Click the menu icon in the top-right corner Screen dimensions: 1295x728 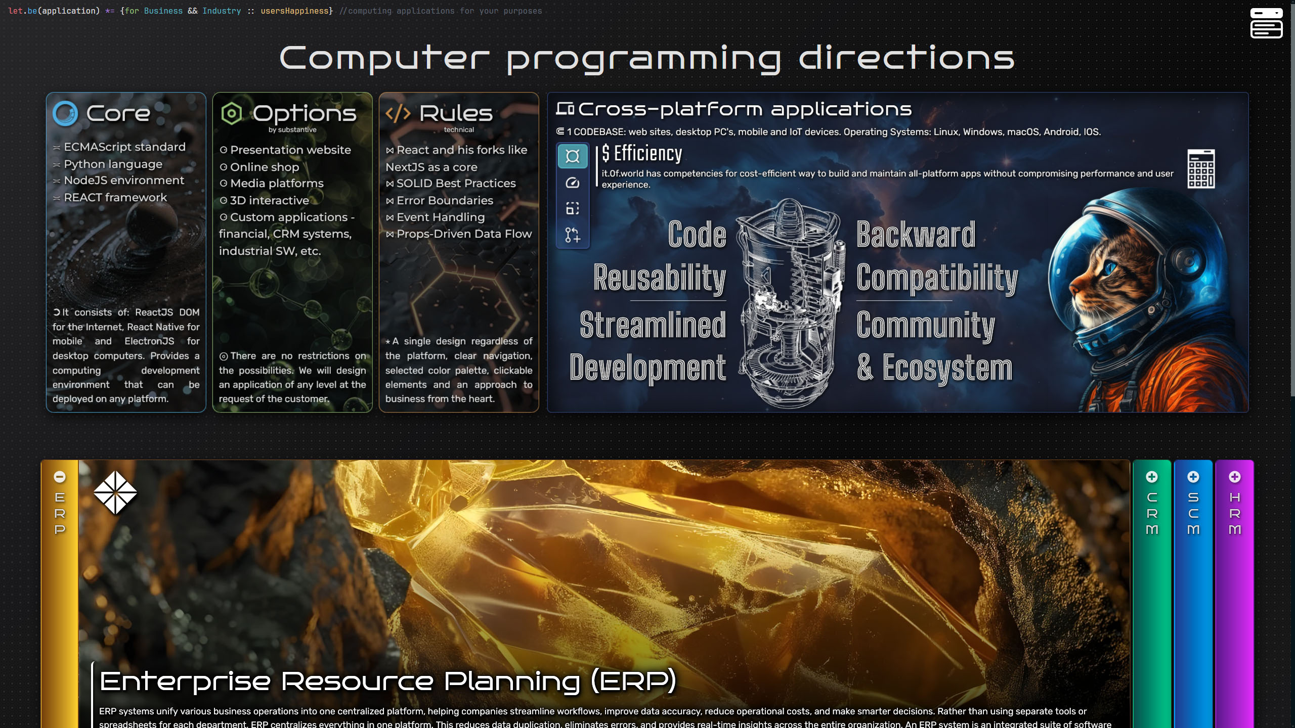click(x=1266, y=23)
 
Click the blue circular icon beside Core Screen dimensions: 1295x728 click(x=65, y=113)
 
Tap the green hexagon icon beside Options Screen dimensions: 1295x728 click(x=232, y=113)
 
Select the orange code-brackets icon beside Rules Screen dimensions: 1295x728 click(x=398, y=113)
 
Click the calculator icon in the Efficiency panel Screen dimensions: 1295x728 click(x=1201, y=169)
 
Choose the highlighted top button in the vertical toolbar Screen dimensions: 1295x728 click(x=573, y=156)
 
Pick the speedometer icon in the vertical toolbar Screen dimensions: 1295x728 click(x=573, y=183)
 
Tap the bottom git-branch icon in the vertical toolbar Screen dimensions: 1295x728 click(x=573, y=235)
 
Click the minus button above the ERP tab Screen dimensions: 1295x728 click(x=60, y=477)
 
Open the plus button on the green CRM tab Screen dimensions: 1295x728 click(x=1152, y=477)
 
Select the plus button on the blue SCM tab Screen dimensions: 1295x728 click(x=1193, y=477)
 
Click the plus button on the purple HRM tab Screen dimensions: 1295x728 click(x=1235, y=477)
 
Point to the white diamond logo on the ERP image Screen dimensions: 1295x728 click(x=115, y=492)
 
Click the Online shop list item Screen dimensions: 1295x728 click(x=260, y=167)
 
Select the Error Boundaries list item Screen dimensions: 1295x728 click(x=440, y=200)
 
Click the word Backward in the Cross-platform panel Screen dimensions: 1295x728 click(x=916, y=235)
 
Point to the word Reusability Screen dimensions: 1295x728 click(x=660, y=278)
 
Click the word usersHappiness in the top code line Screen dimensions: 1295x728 click(x=294, y=11)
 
